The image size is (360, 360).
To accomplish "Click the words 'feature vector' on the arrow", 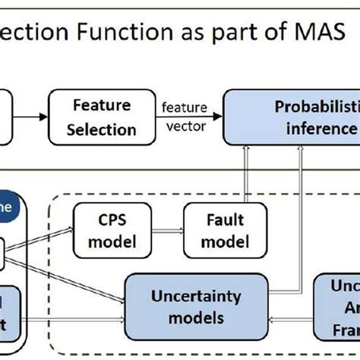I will click(185, 116).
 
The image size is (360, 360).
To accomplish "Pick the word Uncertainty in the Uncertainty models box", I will click(195, 294).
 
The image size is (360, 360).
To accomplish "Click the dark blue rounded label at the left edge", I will click(8, 207).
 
